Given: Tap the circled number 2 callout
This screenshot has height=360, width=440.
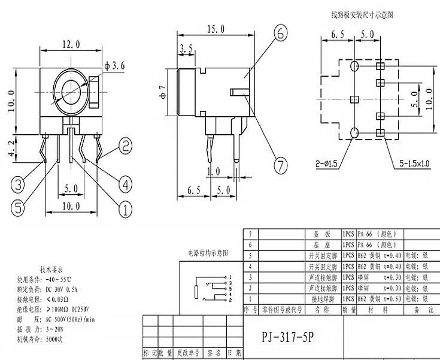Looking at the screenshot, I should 125,145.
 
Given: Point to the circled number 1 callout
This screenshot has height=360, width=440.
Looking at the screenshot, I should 125,209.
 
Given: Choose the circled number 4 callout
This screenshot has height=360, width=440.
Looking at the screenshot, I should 125,183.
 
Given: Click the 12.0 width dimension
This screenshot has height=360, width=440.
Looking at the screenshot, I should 69,43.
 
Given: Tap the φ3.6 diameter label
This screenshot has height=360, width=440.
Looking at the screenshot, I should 114,66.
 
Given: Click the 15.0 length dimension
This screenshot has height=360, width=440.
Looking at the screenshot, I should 215,29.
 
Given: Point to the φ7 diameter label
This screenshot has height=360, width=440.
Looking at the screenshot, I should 162,93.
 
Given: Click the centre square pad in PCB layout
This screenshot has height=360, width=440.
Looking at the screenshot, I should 353,98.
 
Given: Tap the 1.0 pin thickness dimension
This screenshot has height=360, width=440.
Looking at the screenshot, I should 214,173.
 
